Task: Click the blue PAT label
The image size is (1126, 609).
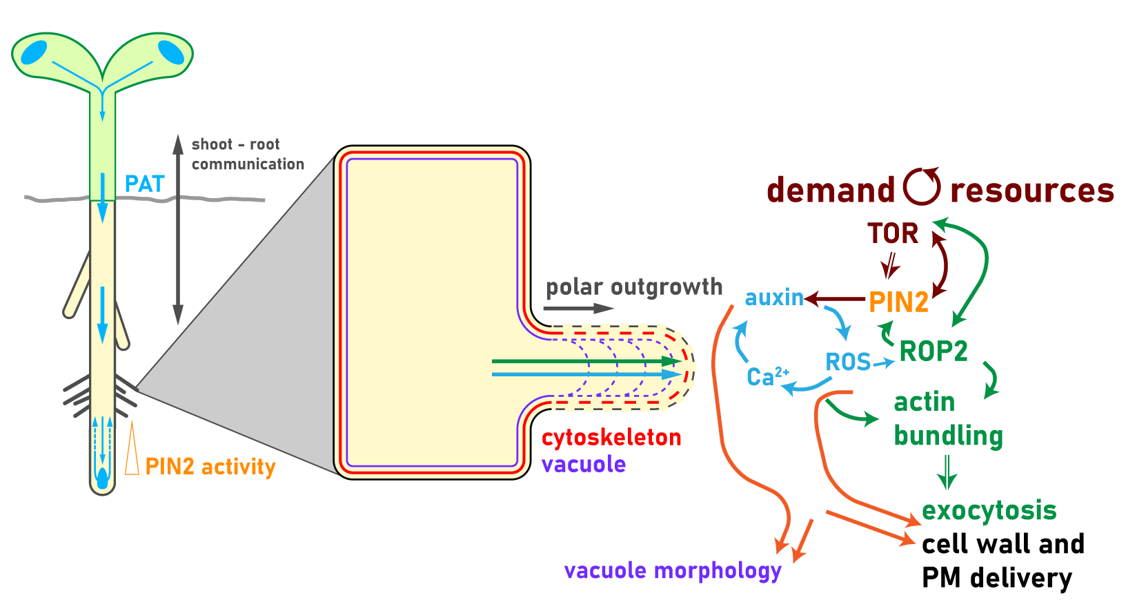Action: [144, 184]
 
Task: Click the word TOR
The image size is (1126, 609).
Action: [893, 234]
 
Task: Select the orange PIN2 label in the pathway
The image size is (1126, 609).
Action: [898, 302]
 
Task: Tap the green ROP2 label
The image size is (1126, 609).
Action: [934, 351]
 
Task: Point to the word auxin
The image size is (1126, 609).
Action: [774, 298]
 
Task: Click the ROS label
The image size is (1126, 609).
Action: [848, 362]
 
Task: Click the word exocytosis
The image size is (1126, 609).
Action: [989, 510]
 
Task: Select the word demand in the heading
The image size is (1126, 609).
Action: [831, 191]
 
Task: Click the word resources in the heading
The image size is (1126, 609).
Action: [1031, 191]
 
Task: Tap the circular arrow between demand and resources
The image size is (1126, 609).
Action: [922, 186]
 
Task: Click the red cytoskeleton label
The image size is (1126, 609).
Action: [611, 438]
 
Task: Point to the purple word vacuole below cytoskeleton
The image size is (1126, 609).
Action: [584, 464]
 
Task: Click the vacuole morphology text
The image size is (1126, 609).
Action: [673, 571]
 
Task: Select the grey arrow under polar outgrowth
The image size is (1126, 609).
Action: [578, 309]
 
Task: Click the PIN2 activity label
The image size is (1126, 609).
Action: [210, 467]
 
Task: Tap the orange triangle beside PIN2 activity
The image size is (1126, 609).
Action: [132, 452]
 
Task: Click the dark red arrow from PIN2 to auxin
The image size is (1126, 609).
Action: [835, 300]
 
